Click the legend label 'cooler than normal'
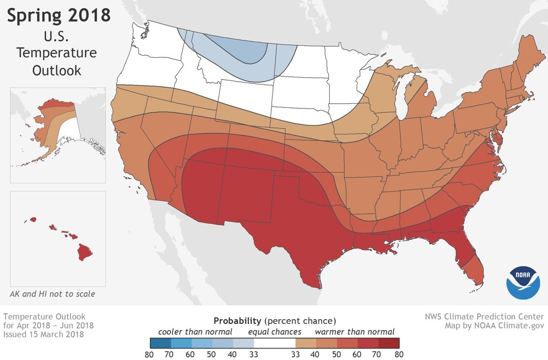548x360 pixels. (x=195, y=331)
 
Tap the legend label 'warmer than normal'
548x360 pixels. (x=354, y=331)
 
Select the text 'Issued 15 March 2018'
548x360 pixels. (x=43, y=334)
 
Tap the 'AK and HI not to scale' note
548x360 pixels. (x=53, y=294)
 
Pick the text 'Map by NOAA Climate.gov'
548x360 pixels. (x=494, y=326)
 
